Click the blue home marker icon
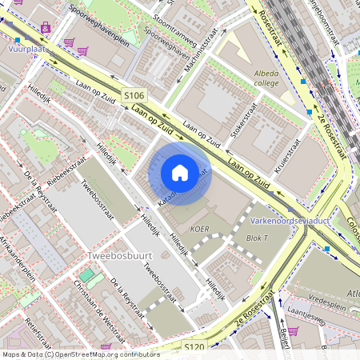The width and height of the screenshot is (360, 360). coord(180,172)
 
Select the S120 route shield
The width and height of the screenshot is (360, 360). coord(194,347)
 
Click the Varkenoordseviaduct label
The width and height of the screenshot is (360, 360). coord(290,218)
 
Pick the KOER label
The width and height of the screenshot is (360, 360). coord(199,228)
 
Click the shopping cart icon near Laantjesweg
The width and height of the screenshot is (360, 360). coord(293,330)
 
